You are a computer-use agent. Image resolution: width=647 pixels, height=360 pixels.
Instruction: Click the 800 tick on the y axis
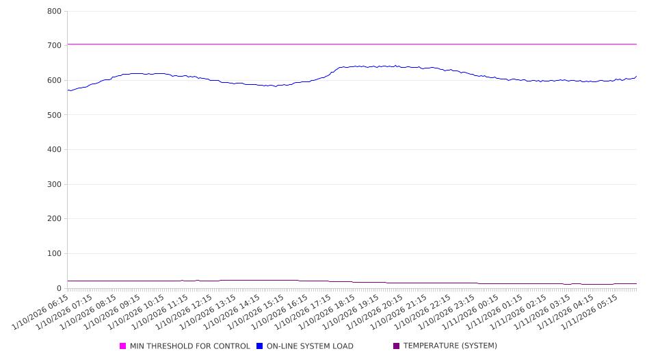[x=54, y=11]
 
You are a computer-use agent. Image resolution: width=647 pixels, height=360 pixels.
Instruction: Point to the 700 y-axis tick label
[x=54, y=45]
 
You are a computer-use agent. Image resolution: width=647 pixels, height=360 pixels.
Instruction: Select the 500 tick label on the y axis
[x=54, y=115]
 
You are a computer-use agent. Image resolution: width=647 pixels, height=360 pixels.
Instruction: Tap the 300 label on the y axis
[x=54, y=184]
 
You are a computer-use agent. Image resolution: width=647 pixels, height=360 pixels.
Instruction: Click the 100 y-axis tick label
[x=54, y=254]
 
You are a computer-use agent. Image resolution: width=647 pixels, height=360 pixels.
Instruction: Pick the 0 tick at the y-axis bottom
[x=59, y=288]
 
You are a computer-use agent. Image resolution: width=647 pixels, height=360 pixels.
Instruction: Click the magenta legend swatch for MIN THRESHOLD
[x=123, y=346]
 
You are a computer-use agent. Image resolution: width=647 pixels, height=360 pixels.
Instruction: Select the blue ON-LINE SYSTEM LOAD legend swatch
[x=260, y=346]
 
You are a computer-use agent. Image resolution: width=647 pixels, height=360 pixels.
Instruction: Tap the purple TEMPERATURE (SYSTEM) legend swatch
[x=396, y=346]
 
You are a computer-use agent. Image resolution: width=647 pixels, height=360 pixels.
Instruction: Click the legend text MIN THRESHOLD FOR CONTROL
[x=189, y=346]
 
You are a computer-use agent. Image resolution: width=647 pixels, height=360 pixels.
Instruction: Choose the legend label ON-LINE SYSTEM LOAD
[x=309, y=346]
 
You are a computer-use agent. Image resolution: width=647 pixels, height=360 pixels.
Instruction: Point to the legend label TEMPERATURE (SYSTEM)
[x=449, y=346]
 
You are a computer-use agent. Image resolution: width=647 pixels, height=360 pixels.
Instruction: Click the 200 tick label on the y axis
[x=54, y=219]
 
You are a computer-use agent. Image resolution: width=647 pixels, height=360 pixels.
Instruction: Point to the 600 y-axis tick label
[x=54, y=80]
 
